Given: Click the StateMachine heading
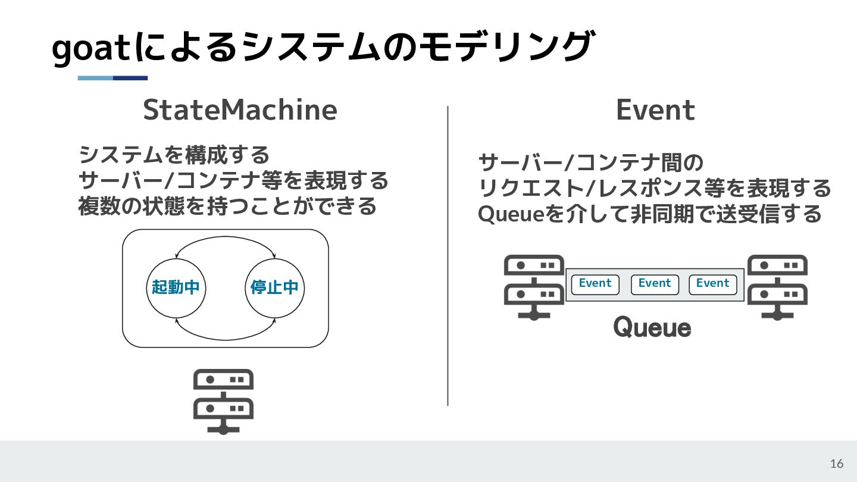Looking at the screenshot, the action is (240, 110).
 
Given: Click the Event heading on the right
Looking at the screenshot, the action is (655, 110).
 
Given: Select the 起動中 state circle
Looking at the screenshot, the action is (176, 288).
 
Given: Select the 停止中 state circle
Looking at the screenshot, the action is (274, 288).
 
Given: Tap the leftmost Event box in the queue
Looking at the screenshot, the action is (595, 284).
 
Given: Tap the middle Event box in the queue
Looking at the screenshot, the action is (655, 284).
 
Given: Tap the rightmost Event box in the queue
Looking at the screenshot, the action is (712, 284).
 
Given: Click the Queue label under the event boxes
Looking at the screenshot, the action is (652, 328).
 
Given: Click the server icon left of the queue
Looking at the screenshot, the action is (534, 287).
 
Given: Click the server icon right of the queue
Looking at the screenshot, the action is (777, 287).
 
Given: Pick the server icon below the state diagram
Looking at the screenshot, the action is (223, 401).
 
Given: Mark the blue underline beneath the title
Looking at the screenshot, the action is (112, 78).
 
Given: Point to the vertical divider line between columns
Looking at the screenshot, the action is (448, 256).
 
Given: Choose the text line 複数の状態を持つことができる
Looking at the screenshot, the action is (228, 206).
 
